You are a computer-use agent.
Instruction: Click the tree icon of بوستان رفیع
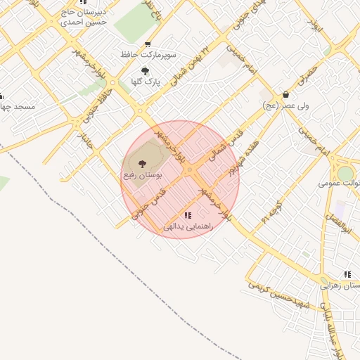(x=143, y=162)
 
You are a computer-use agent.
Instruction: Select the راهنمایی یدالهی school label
(x=183, y=227)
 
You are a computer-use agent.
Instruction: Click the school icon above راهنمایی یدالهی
(x=188, y=215)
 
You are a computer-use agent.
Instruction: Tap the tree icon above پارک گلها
(x=145, y=70)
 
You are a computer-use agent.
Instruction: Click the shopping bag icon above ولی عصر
(x=285, y=94)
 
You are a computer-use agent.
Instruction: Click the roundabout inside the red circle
(x=189, y=169)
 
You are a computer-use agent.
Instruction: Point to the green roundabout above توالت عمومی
(x=345, y=173)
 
